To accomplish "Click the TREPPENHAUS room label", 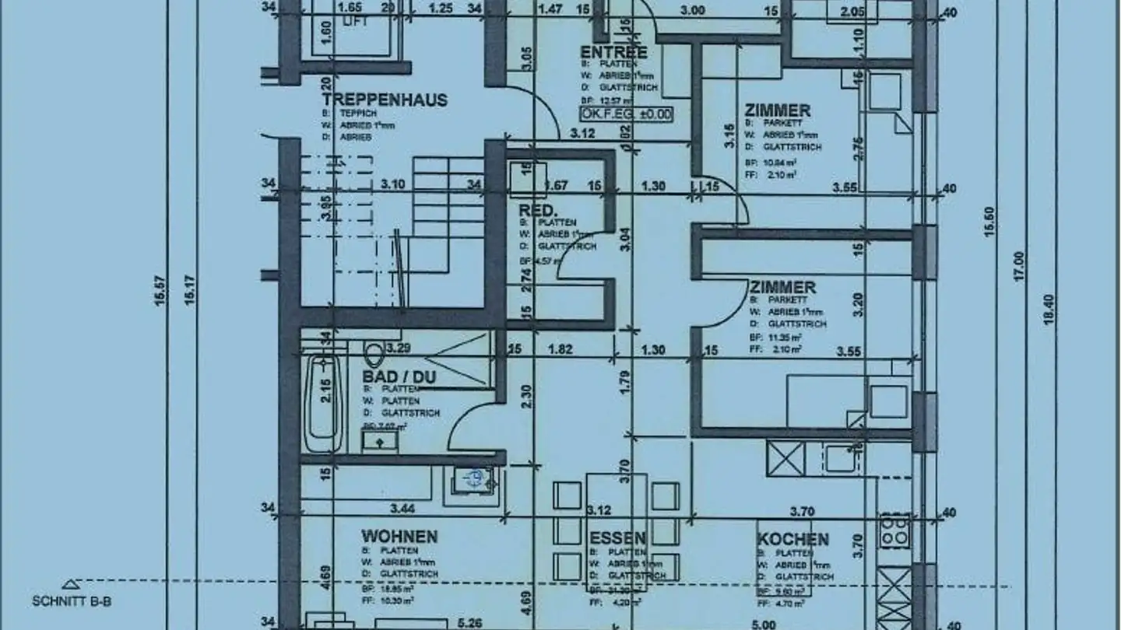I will click(x=385, y=100).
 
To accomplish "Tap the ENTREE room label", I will click(x=613, y=53).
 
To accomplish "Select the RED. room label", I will click(x=539, y=211).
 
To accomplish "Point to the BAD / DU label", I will click(x=399, y=377).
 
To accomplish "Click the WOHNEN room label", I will click(x=399, y=537).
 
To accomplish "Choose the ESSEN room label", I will click(x=617, y=539).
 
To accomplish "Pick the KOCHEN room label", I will click(x=792, y=539).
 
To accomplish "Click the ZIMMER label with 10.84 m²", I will click(x=777, y=110).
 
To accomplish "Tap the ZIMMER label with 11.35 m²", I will click(x=782, y=288).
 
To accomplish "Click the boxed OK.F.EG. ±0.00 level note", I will click(x=626, y=114).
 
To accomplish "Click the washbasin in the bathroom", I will click(x=380, y=442).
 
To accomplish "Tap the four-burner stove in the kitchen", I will click(x=894, y=530).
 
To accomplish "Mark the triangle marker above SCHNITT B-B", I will click(x=71, y=584).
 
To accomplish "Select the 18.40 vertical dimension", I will click(x=1048, y=309).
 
